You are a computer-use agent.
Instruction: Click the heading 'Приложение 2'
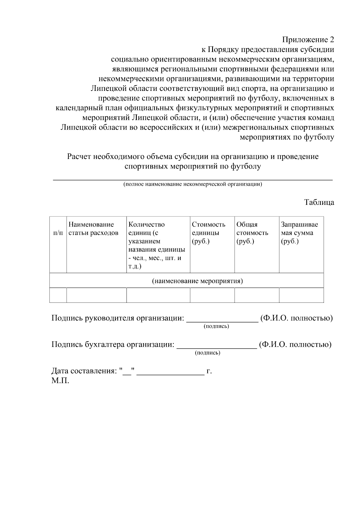click(x=308, y=40)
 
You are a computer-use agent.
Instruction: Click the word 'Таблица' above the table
click(x=319, y=202)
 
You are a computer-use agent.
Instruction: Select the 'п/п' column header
click(x=58, y=233)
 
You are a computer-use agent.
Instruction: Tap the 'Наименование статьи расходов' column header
click(x=93, y=229)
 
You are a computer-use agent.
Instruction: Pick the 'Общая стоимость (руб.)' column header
click(x=252, y=233)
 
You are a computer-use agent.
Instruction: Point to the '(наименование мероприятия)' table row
click(x=197, y=281)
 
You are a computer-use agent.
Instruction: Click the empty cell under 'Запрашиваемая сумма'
click(x=301, y=295)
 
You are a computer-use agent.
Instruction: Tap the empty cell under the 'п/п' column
click(x=58, y=295)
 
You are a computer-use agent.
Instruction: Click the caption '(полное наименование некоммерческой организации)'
click(x=193, y=184)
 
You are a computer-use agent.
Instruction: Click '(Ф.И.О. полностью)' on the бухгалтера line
click(x=295, y=344)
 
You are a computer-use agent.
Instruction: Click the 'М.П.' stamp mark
click(x=60, y=381)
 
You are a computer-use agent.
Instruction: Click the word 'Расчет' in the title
click(x=79, y=157)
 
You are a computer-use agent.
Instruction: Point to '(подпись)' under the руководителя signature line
click(x=216, y=326)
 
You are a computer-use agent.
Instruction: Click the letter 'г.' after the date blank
click(x=209, y=371)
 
